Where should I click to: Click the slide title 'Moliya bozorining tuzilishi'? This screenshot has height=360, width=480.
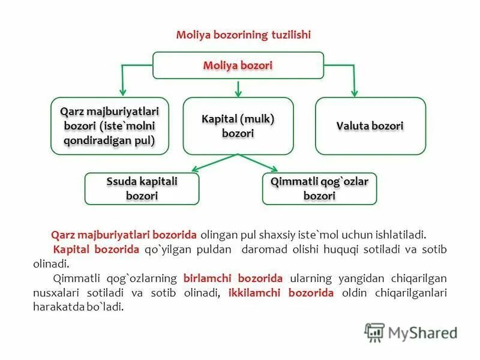point(243,35)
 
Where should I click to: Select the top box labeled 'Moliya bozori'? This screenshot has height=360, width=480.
point(238,65)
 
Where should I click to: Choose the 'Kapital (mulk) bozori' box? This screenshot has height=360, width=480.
point(238,126)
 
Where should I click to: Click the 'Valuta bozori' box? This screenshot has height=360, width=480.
point(370,126)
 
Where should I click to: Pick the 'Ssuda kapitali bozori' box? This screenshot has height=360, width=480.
point(142,188)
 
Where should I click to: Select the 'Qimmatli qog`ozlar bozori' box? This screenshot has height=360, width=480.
point(319,188)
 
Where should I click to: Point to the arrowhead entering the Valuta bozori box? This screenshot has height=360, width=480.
point(354,93)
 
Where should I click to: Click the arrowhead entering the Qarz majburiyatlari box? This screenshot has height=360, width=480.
point(122,93)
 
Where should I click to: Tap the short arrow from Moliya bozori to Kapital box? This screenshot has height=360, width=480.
point(238,88)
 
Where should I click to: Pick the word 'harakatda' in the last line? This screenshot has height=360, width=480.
point(57,307)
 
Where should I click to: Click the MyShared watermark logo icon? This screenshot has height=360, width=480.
point(374,332)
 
